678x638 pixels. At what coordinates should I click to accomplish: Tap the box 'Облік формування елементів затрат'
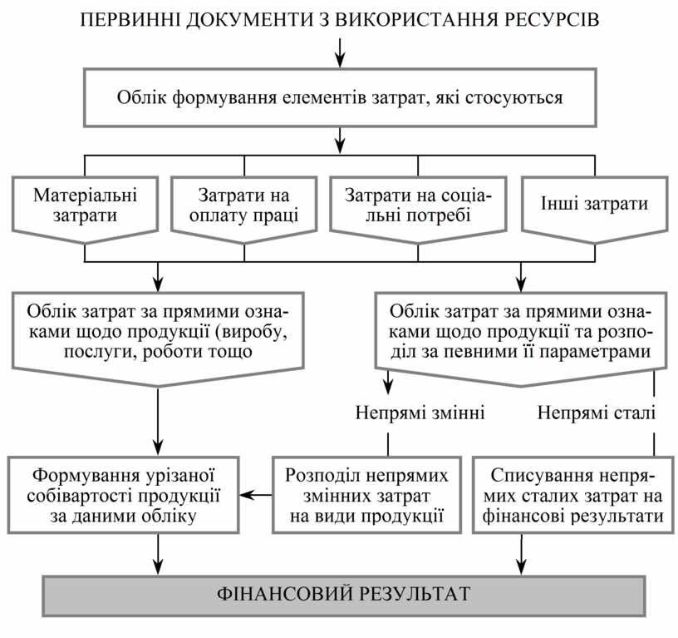point(340,97)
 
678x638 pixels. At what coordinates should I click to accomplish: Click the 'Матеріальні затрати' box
point(86,206)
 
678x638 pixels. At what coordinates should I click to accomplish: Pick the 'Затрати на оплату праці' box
point(244,206)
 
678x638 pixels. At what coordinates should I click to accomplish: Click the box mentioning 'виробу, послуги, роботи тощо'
point(158,333)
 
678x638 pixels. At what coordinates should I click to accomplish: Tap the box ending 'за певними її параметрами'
point(521,333)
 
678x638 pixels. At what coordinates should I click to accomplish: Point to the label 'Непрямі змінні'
point(420,413)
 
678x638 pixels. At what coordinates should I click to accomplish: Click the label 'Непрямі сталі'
point(596,413)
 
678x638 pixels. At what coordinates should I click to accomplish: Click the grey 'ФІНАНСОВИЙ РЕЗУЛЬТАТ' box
point(343,594)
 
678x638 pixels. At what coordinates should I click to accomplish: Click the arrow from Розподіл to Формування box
point(255,496)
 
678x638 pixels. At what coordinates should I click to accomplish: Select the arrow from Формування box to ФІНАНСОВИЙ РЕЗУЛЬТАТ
point(158,552)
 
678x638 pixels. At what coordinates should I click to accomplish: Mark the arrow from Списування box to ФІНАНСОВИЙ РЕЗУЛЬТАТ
point(521,552)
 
